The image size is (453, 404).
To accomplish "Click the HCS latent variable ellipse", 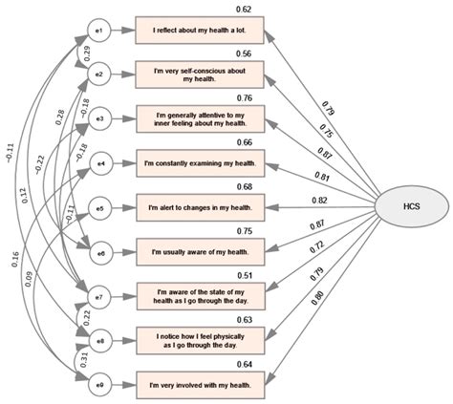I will [411, 205].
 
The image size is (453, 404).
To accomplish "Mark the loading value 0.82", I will [318, 201].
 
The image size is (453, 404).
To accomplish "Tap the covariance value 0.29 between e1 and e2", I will [87, 53].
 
